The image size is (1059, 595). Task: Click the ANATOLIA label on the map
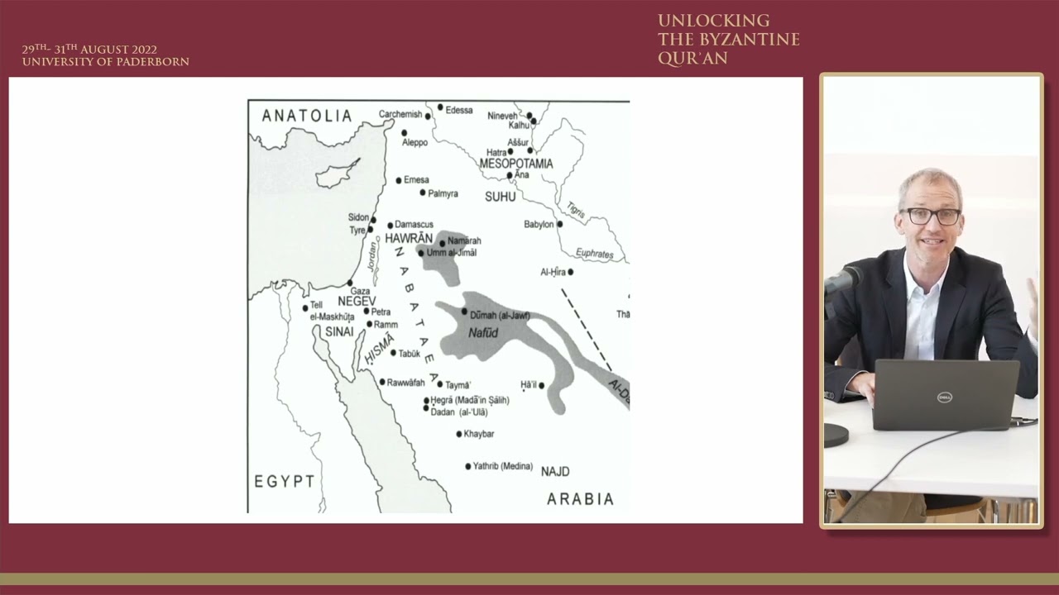pos(307,116)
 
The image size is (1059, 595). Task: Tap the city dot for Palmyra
pos(423,193)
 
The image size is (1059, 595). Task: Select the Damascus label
pos(414,224)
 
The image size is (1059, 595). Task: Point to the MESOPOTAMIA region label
pos(516,164)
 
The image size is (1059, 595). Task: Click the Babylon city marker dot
pos(559,224)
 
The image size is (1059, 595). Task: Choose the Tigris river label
pos(576,211)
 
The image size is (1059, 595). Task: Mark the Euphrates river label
pos(594,254)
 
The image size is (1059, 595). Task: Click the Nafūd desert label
pos(483,332)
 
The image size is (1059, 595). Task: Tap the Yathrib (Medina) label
pos(502,466)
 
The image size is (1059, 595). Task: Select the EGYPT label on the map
pos(284,481)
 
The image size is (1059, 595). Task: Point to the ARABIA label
pos(580,499)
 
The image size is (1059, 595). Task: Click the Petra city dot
pos(367,312)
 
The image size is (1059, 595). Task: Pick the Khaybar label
pos(478,434)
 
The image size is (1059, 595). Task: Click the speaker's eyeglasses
pos(931,216)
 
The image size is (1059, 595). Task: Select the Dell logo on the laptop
pos(945,397)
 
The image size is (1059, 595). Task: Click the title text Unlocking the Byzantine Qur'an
pos(728,40)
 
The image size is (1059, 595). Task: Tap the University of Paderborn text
pos(105,62)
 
